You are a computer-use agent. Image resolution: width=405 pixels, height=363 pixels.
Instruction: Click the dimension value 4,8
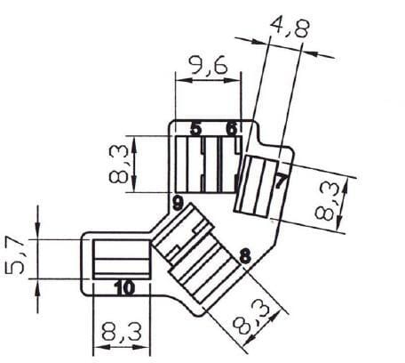(x=290, y=27)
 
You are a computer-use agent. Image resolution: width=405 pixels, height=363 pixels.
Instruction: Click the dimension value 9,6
(x=209, y=65)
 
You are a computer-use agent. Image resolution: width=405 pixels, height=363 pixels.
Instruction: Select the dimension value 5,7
(x=15, y=254)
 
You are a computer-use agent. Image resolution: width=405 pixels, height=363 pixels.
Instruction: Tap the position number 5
(x=195, y=129)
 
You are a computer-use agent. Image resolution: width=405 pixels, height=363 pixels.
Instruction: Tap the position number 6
(x=232, y=129)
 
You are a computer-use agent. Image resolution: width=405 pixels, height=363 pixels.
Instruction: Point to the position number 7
(x=281, y=181)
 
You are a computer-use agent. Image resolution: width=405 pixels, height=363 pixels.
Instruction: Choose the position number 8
(x=245, y=256)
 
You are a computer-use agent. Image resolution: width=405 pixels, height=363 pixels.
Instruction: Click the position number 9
(x=178, y=204)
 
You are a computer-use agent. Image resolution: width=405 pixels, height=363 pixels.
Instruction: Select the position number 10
(x=124, y=288)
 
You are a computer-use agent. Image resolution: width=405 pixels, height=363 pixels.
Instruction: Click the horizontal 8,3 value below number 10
(x=122, y=332)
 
